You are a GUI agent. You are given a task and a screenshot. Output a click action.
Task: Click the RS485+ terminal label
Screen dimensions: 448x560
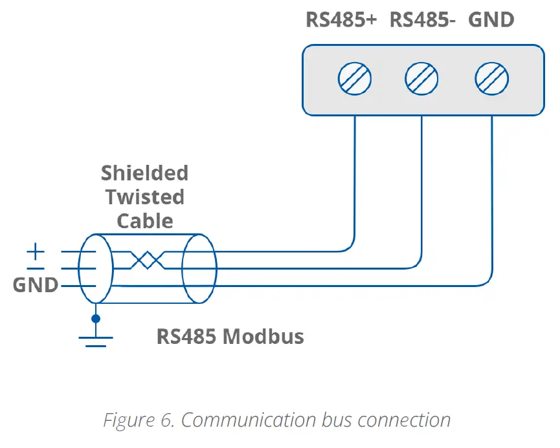[x=341, y=20]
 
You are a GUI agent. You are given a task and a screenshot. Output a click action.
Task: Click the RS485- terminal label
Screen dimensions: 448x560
[x=423, y=20]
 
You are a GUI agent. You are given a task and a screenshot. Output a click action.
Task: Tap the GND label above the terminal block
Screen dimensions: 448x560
[x=491, y=20]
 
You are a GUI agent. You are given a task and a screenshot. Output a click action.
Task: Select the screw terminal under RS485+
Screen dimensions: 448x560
[x=355, y=80]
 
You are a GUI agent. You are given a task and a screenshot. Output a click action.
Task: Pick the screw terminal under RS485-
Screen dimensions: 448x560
[x=422, y=80]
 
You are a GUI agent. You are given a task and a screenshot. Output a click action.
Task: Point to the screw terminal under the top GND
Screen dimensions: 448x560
[x=492, y=80]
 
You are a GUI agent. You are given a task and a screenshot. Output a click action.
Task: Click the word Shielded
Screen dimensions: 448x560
[x=144, y=173]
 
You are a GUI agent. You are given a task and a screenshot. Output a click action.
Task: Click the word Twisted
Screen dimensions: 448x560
[x=145, y=197]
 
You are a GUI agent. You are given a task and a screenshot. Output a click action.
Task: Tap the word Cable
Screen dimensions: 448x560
[x=145, y=221]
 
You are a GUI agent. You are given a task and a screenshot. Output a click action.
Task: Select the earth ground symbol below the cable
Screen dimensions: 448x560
[x=96, y=340]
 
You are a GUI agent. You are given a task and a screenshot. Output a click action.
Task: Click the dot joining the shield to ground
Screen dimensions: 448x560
[x=96, y=318]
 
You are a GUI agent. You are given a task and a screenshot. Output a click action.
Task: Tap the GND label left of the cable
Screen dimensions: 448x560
[x=35, y=285]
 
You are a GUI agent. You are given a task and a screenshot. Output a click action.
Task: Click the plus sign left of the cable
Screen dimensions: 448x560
[x=36, y=250]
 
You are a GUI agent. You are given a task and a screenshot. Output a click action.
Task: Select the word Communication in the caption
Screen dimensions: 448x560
[x=249, y=420]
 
